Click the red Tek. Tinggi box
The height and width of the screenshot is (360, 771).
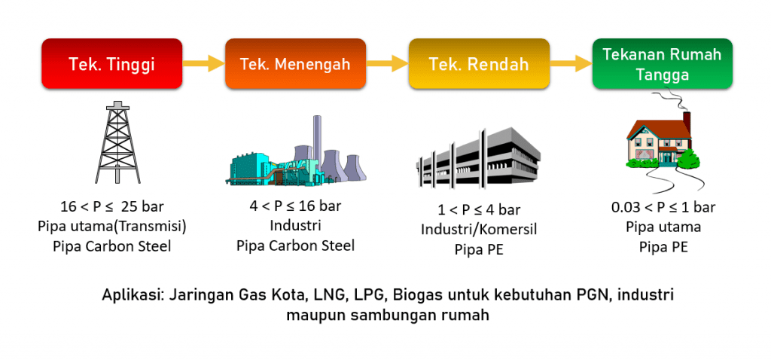click(111, 63)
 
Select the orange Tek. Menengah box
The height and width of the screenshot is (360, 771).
click(295, 63)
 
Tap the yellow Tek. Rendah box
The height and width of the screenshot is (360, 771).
click(479, 63)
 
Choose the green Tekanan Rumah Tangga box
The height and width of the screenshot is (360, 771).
click(663, 63)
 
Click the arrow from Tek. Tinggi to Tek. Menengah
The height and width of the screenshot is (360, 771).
click(203, 63)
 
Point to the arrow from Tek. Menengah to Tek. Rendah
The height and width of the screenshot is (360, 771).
click(387, 63)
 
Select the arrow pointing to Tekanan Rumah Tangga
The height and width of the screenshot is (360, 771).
click(571, 63)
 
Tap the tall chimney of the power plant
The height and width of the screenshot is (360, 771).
click(317, 142)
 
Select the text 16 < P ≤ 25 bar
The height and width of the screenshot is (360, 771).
click(111, 206)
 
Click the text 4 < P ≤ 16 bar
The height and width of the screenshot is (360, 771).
click(295, 206)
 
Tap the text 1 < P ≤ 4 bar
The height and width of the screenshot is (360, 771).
click(479, 210)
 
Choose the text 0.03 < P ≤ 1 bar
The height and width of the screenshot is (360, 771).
click(663, 207)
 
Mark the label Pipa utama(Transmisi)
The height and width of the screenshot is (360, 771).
click(111, 226)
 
